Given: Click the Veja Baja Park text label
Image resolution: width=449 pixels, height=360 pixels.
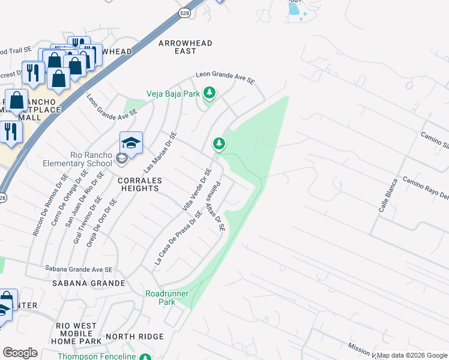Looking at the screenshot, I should (x=174, y=94).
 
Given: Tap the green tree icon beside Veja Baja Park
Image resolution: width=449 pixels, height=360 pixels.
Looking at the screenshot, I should (x=209, y=93).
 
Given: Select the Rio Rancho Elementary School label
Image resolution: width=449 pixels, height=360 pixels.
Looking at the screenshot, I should (x=78, y=163).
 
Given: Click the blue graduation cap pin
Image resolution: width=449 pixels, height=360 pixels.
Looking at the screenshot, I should (x=131, y=143).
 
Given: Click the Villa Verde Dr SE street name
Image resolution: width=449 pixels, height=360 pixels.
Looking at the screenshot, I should (x=197, y=189).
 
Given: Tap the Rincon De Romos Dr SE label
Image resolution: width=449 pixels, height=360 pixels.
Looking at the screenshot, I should (x=48, y=204).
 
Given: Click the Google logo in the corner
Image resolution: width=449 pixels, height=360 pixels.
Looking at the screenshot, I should (x=20, y=353).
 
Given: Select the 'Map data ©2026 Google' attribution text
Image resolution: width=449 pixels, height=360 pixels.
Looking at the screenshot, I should (x=412, y=355).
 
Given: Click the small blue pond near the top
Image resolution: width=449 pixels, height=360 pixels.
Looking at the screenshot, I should (x=294, y=8).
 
